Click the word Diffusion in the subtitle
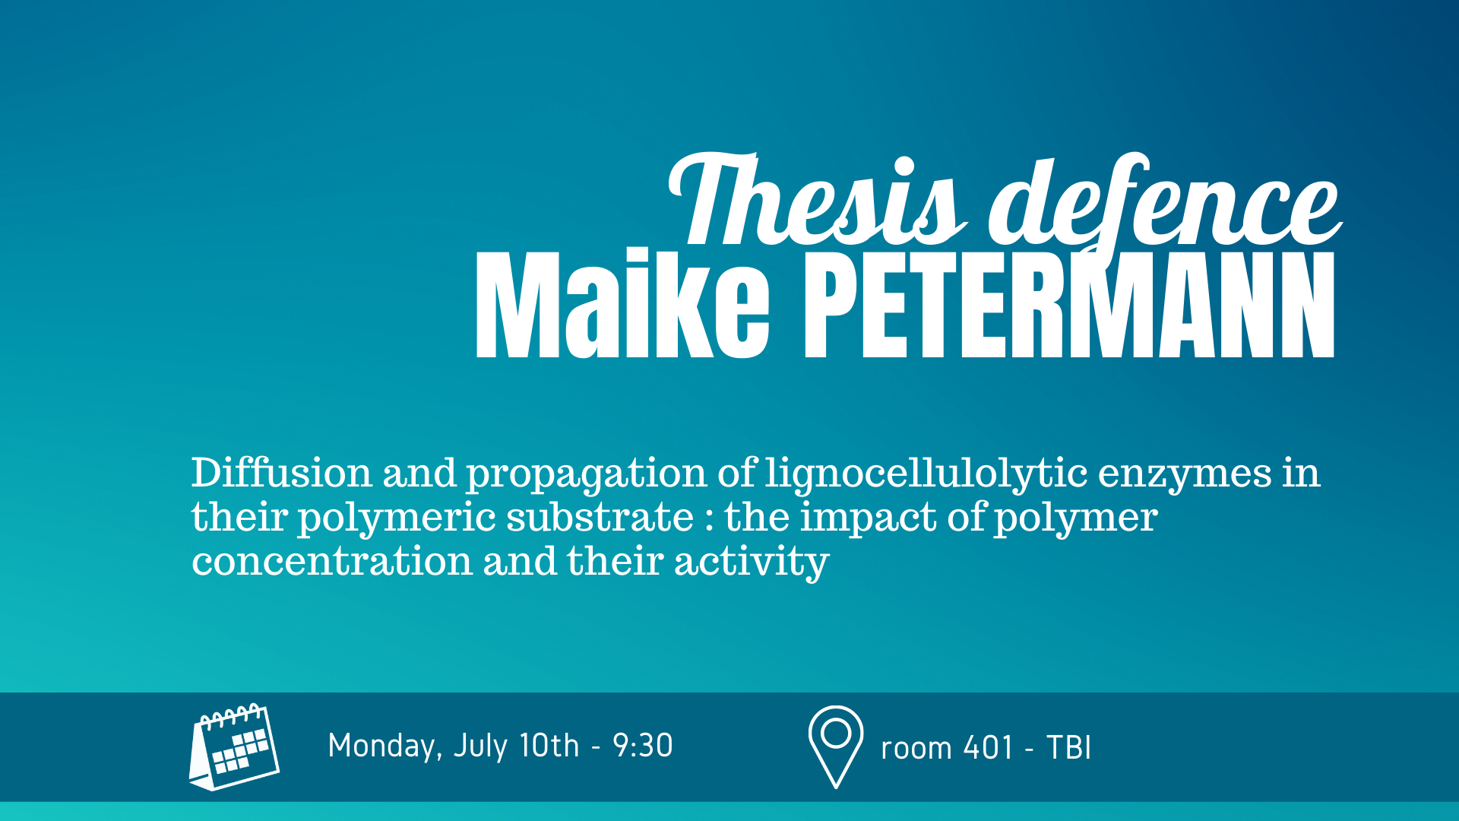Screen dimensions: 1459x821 (x=282, y=473)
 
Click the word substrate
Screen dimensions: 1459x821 (x=600, y=517)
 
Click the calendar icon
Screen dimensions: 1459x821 (x=234, y=747)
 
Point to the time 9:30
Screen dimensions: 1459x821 (x=643, y=746)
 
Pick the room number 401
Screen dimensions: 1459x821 (x=988, y=748)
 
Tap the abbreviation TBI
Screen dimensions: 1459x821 (x=1069, y=748)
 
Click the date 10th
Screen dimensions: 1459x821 (x=549, y=746)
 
